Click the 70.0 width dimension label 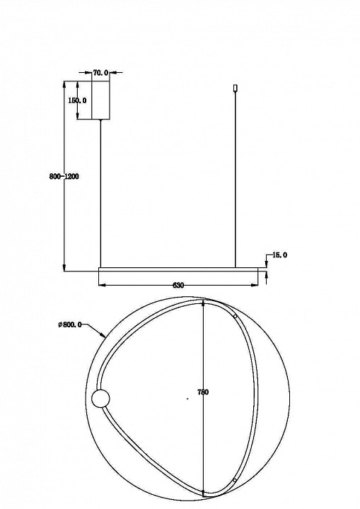click(x=100, y=73)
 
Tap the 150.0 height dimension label click(x=77, y=100)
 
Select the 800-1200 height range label click(x=64, y=177)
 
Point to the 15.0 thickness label click(x=279, y=255)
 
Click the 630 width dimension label click(x=178, y=286)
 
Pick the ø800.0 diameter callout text click(x=69, y=324)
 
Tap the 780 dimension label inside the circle click(x=203, y=392)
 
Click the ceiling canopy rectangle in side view click(x=100, y=100)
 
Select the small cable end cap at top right click(x=236, y=88)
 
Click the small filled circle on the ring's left click(x=100, y=399)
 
